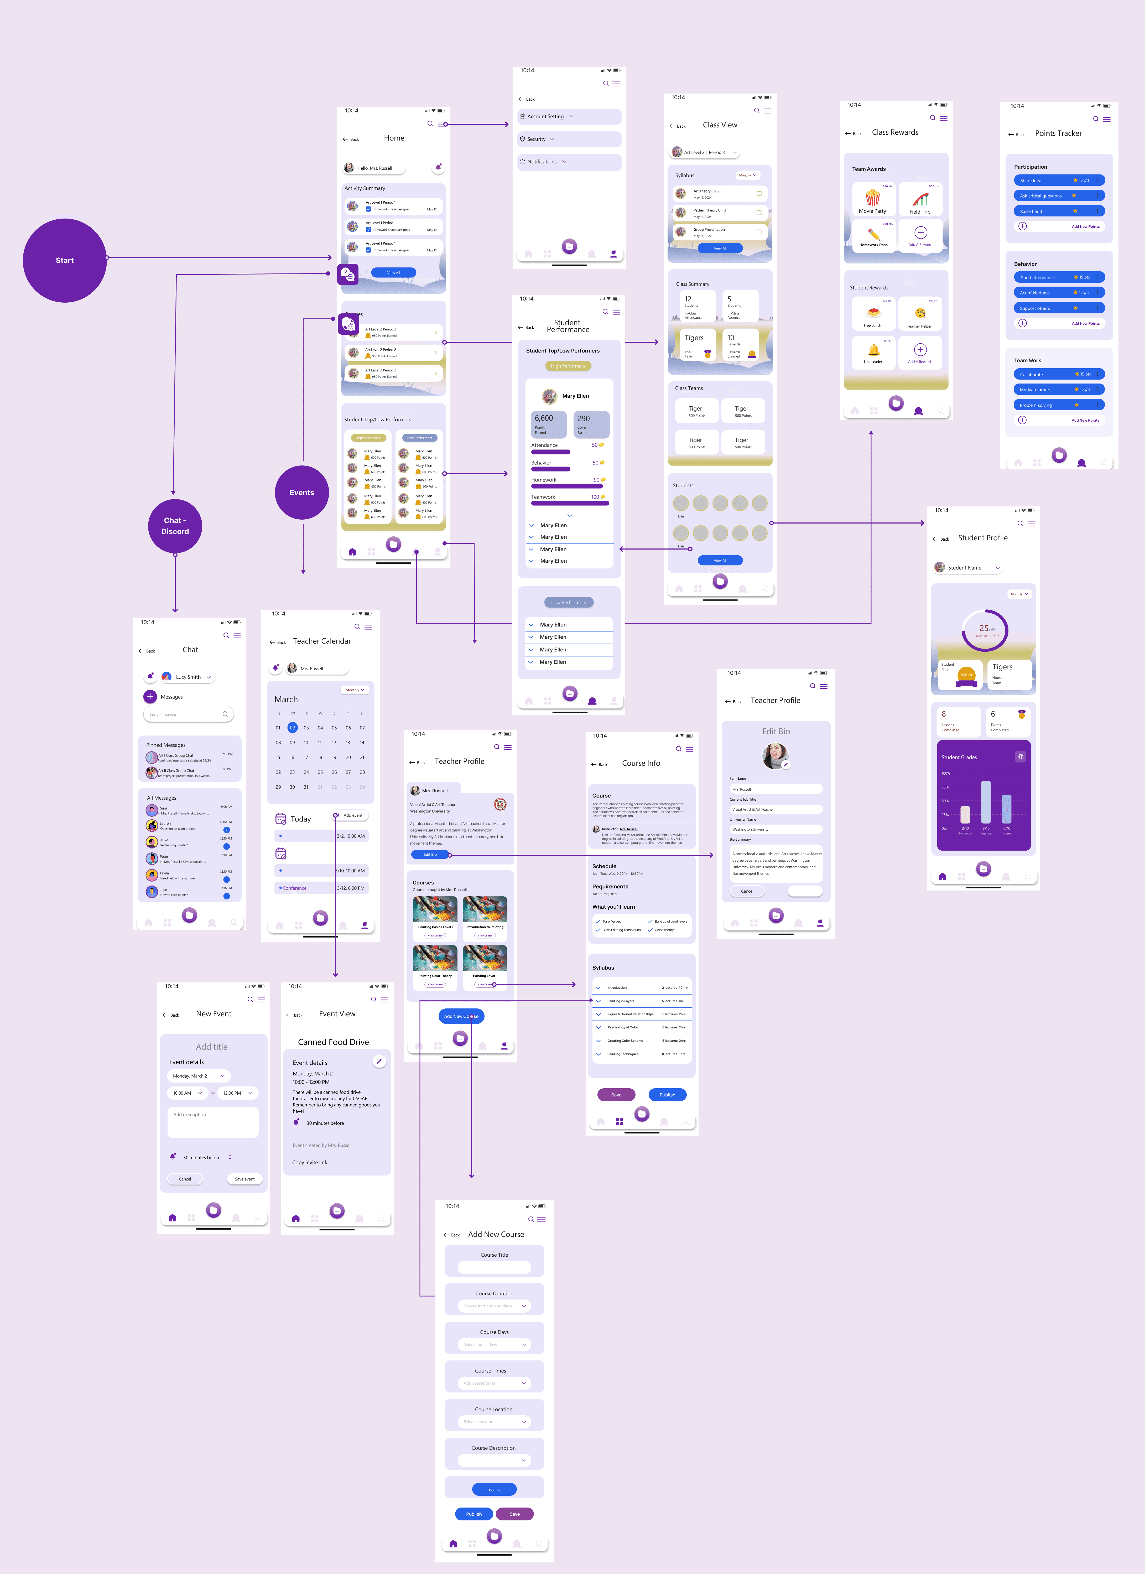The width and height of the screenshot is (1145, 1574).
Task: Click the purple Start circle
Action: [x=65, y=260]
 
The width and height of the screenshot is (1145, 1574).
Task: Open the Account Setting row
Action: [x=568, y=117]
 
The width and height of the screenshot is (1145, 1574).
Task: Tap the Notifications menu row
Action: [x=568, y=162]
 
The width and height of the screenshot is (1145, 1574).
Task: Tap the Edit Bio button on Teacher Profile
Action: [x=430, y=854]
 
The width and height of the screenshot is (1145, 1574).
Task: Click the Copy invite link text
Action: [x=310, y=1162]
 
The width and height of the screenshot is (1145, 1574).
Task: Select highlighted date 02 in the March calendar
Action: [x=292, y=727]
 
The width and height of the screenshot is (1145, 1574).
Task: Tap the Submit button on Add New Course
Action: [x=494, y=1489]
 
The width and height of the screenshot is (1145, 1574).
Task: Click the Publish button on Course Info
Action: [x=667, y=1094]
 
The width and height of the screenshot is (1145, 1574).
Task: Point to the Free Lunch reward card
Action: [x=872, y=314]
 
